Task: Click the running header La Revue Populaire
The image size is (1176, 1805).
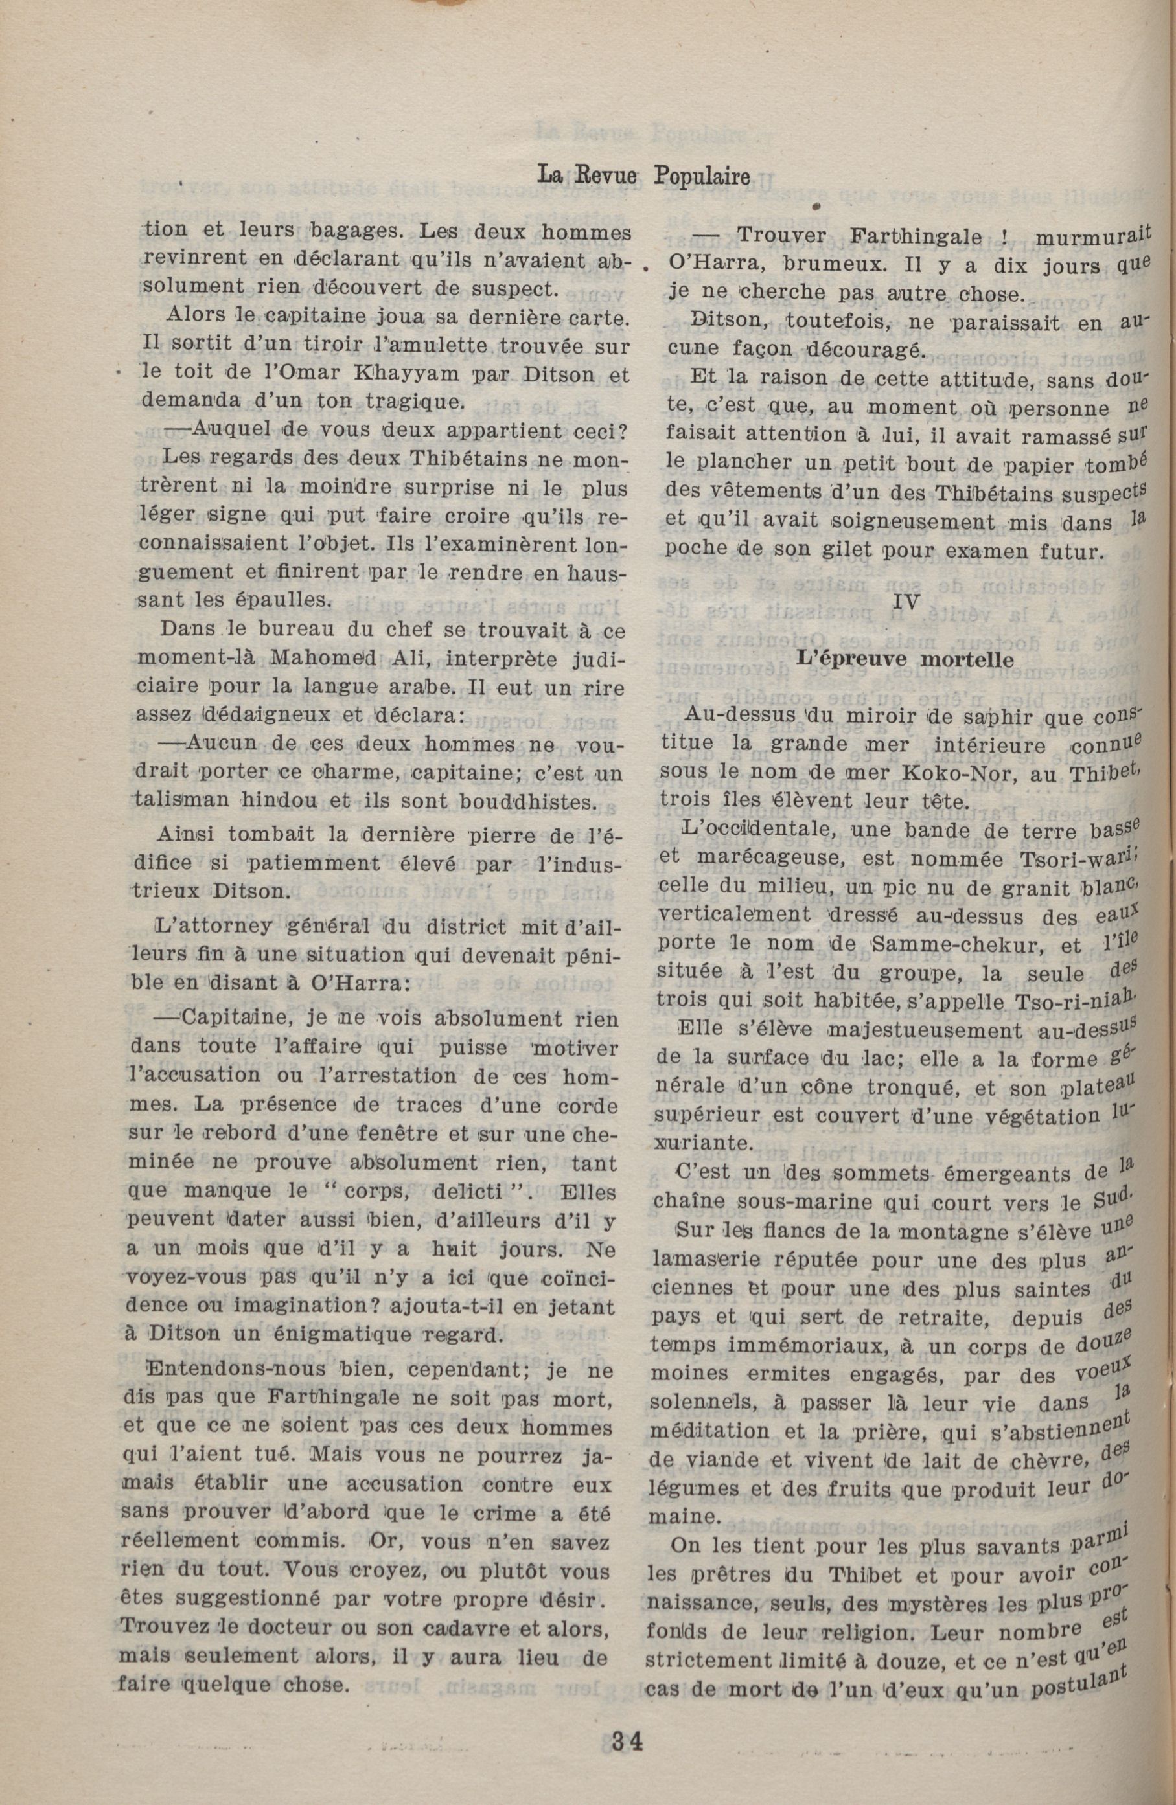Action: point(643,176)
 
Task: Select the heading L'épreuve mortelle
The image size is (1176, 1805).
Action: point(905,659)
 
